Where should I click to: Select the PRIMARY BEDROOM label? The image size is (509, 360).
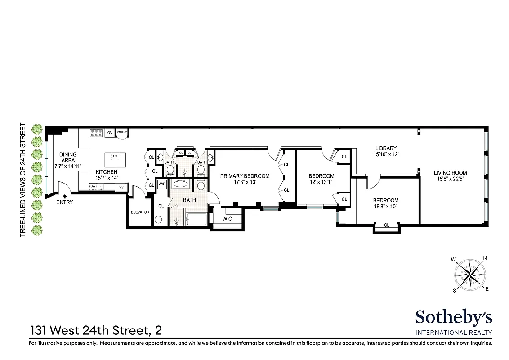coord(245,176)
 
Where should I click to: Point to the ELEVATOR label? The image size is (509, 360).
coord(140,212)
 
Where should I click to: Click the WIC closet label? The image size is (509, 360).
coord(227,219)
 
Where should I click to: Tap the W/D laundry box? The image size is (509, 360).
coord(162,184)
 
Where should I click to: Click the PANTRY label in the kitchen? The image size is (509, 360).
coord(122,132)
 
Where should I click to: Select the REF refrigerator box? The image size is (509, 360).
coord(121,188)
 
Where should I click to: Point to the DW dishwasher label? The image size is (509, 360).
coord(93,186)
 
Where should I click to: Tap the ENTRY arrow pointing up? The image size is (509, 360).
coord(65,196)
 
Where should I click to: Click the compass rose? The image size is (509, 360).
coord(470,274)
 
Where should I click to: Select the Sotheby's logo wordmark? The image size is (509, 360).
coord(453,317)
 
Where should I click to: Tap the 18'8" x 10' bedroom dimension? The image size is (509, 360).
coord(386,207)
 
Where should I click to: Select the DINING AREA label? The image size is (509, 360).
coord(68,157)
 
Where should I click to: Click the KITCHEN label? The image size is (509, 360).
coord(106,172)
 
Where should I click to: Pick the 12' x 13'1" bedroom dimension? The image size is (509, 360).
coord(321,183)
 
